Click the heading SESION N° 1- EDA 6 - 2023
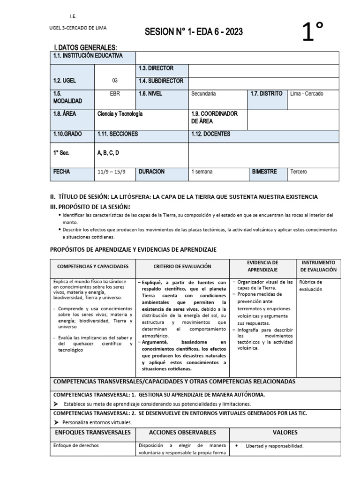point(194,31)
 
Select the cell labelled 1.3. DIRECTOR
point(156,68)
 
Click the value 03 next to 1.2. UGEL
point(115,81)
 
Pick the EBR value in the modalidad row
point(115,93)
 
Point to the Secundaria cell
point(203,93)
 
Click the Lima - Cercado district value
point(307,93)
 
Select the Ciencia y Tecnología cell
point(120,114)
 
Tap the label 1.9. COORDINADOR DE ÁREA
point(214,117)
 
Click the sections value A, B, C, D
point(108,153)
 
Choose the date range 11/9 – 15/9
point(111,172)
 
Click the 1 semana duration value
point(202,172)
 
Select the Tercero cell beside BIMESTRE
point(299,172)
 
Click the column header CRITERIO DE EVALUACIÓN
point(182,266)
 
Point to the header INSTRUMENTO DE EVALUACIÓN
point(318,266)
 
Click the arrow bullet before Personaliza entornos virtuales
point(56,422)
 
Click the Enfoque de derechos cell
point(76,446)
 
